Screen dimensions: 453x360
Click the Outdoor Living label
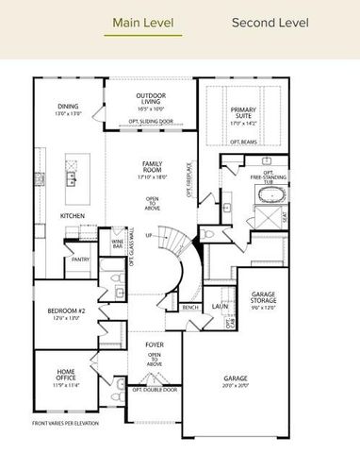pos(151,99)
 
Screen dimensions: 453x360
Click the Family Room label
pos(152,167)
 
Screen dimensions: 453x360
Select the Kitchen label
pos(74,216)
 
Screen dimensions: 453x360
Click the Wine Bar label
pos(118,244)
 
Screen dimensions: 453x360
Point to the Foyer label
pos(154,345)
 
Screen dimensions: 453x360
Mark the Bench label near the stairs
pos(190,308)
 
